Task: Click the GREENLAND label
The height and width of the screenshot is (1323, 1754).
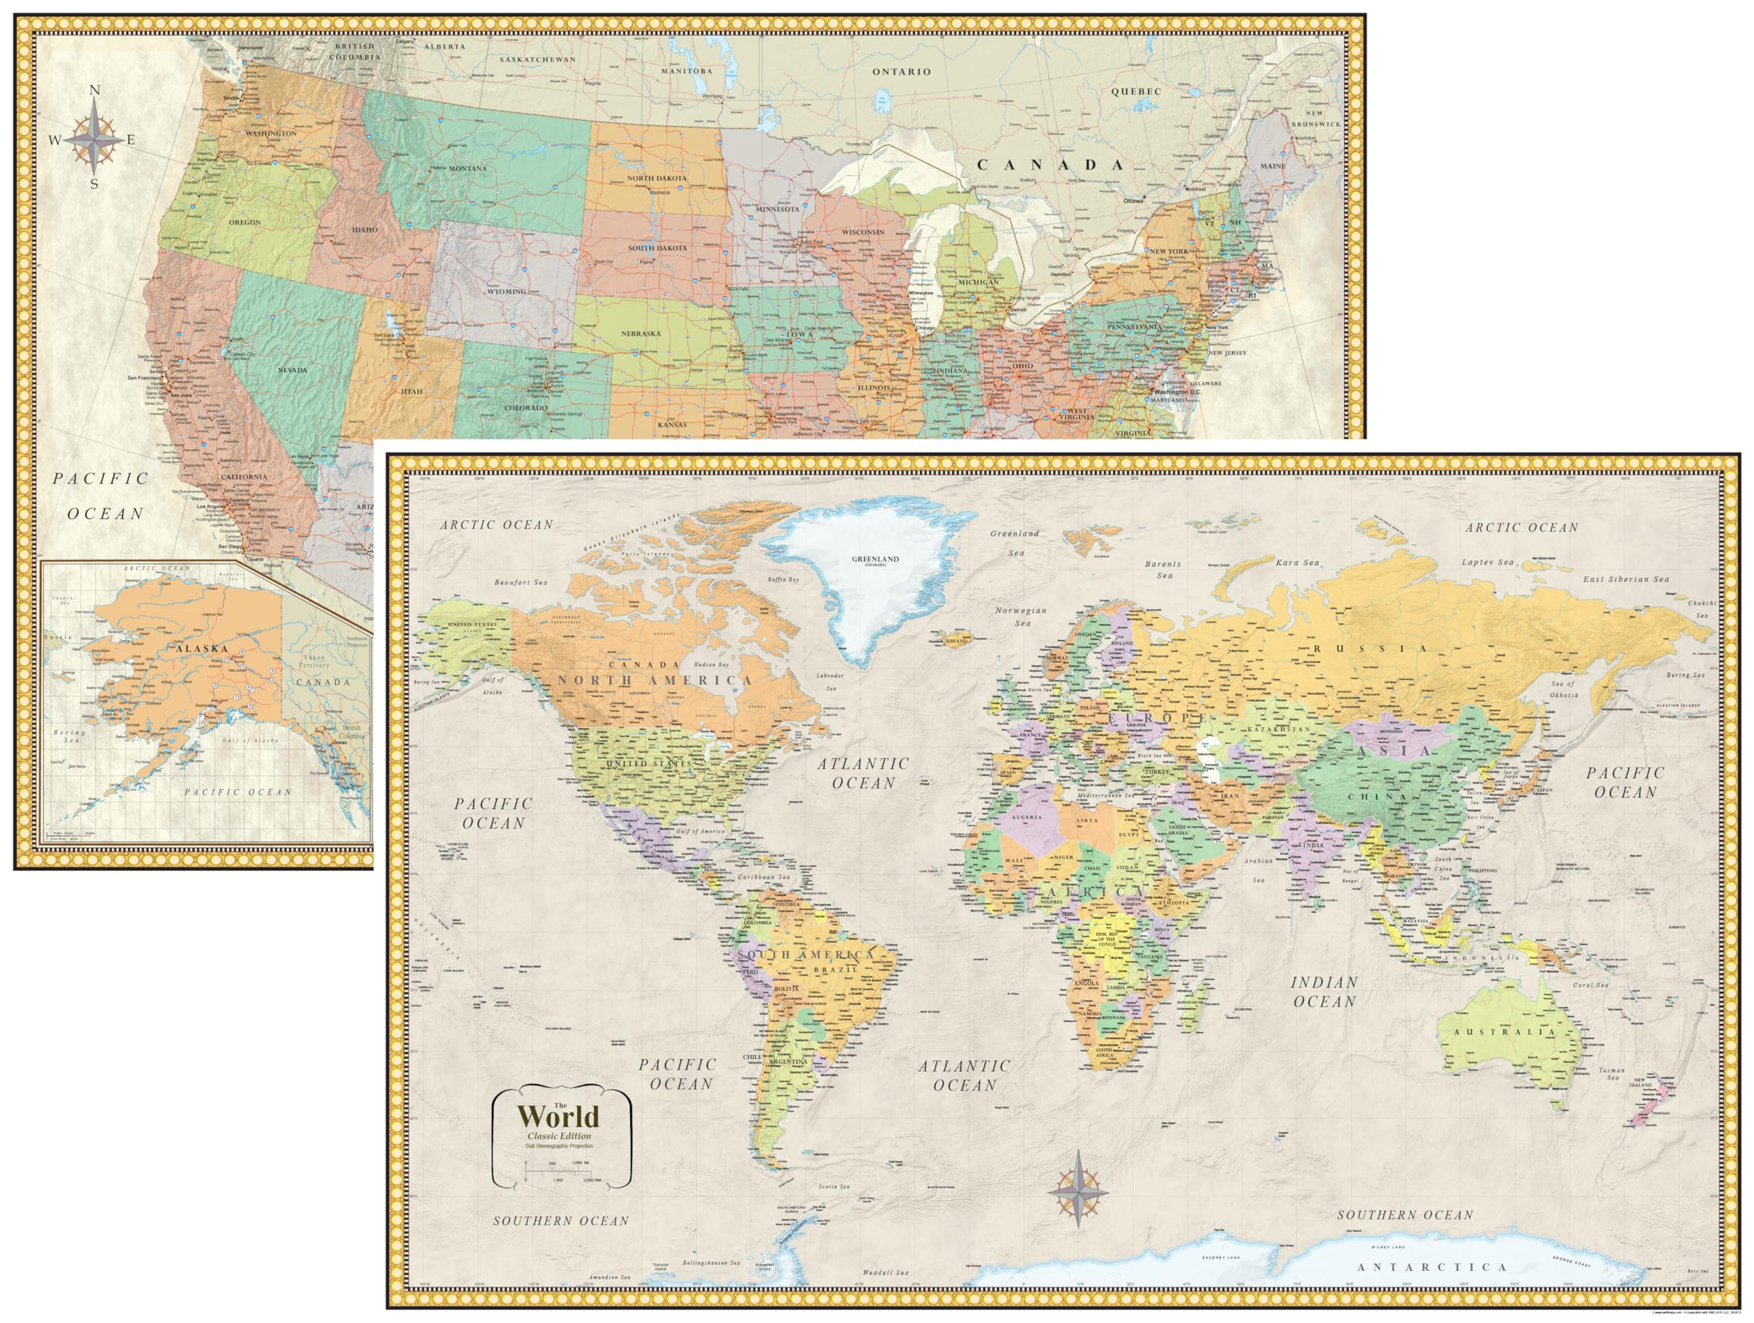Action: tap(876, 559)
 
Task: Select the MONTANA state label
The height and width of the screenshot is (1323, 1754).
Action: tap(467, 169)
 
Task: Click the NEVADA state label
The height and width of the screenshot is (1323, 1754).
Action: tap(292, 370)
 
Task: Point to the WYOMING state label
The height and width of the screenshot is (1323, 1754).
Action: tap(506, 292)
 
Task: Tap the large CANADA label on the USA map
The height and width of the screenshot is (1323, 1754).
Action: tap(1050, 165)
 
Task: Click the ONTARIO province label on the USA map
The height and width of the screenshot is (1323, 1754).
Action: tap(902, 72)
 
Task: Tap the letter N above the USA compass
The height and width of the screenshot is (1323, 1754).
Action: tap(95, 91)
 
